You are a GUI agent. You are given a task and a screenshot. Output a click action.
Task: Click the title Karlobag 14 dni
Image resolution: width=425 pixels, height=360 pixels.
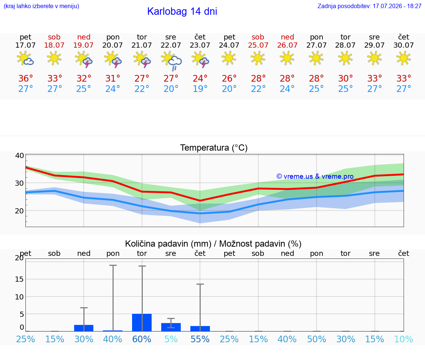[x=182, y=11]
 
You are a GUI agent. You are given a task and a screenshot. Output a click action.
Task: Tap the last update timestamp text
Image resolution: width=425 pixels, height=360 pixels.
[x=369, y=6]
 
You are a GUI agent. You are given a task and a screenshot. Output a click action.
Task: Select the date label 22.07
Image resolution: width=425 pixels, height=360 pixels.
[x=171, y=45]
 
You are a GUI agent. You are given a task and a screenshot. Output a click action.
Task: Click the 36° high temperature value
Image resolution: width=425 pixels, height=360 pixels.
[x=25, y=78]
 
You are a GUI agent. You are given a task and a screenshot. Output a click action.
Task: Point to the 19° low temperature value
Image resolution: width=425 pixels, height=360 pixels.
[x=200, y=89]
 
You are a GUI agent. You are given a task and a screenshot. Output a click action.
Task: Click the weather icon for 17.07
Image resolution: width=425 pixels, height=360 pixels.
[x=25, y=58]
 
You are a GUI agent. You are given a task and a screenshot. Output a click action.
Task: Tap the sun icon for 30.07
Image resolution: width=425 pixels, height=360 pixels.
[x=404, y=58]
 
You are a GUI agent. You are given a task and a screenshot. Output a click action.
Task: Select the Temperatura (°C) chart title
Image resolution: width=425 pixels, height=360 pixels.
[x=214, y=148]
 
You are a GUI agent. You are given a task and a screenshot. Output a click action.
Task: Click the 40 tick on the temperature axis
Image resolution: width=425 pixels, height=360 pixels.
[x=20, y=156]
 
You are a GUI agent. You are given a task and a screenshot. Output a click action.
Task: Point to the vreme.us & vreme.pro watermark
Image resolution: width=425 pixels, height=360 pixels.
[x=315, y=176]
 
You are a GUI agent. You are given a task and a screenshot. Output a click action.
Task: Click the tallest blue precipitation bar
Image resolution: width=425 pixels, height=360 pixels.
[x=142, y=323]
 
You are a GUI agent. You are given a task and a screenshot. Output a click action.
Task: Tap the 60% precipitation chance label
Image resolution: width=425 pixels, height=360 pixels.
[x=142, y=339]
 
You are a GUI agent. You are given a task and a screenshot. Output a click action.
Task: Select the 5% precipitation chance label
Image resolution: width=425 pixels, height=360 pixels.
[x=171, y=339]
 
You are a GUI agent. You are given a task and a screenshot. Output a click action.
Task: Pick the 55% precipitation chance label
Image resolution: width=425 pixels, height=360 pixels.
[x=200, y=339]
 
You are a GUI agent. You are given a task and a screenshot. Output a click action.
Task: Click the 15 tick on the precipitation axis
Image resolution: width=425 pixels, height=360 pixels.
[x=20, y=279]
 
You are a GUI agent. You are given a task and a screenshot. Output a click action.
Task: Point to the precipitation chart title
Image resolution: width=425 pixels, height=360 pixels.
[x=213, y=244]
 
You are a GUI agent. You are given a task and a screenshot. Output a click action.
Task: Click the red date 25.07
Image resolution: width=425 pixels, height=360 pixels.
[x=258, y=45]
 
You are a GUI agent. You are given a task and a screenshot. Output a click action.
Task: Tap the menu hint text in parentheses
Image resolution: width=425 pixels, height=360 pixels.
[x=41, y=6]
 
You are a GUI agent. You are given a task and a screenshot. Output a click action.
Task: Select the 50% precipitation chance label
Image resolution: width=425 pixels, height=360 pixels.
[x=317, y=339]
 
